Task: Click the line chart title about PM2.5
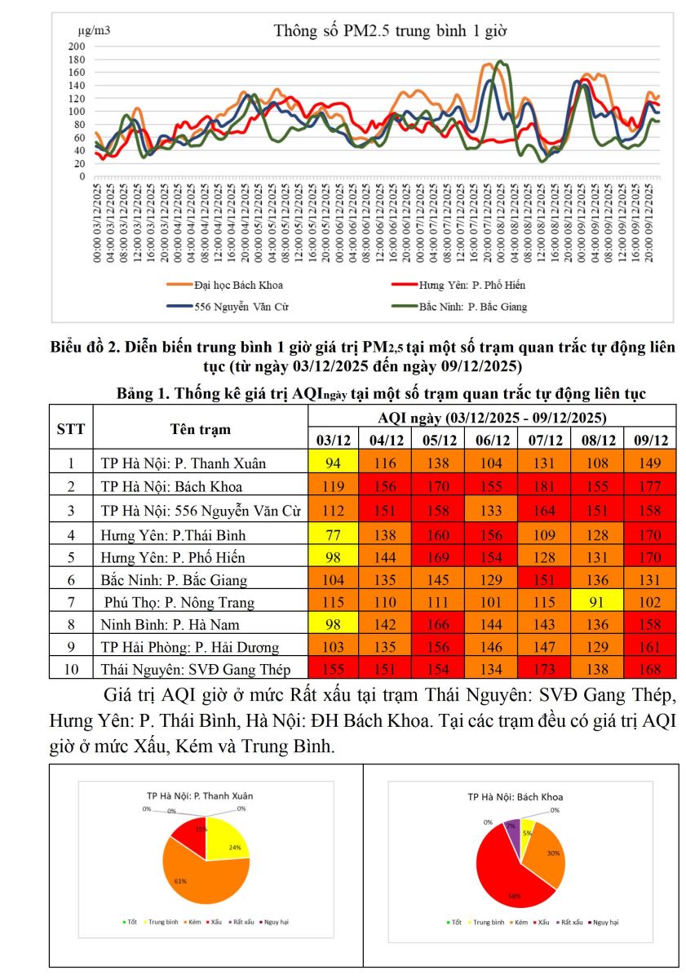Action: click(391, 32)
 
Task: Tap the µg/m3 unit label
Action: click(95, 31)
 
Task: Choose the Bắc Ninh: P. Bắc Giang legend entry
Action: click(472, 307)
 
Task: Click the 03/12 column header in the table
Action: click(334, 440)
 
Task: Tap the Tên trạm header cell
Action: click(200, 428)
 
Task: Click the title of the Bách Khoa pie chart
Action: click(515, 796)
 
